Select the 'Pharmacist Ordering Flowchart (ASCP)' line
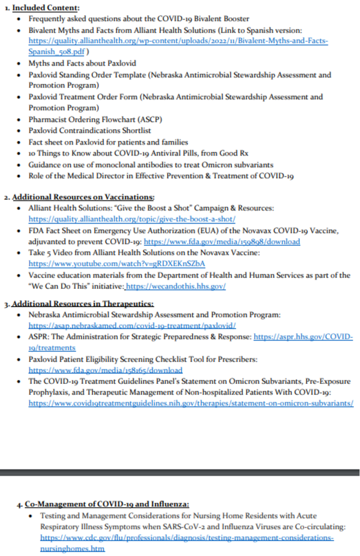coord(95,119)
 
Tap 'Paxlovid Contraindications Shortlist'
coord(90,131)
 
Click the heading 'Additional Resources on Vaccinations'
coord(83,197)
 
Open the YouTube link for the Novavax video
coord(117,264)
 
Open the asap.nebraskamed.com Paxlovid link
coord(132,325)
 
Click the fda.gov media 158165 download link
coord(105,370)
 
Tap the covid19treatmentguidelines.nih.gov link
coord(191,403)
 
